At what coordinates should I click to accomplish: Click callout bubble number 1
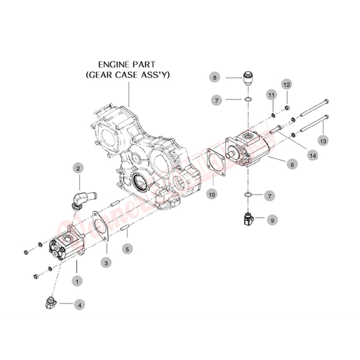[77, 281]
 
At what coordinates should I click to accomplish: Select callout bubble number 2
[79, 168]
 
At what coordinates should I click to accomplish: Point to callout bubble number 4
[79, 305]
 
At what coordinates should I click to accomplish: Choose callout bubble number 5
[127, 249]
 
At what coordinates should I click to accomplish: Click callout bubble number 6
[291, 165]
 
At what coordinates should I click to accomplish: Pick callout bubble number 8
[215, 78]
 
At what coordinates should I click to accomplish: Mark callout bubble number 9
[271, 221]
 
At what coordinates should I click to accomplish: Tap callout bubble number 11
[271, 95]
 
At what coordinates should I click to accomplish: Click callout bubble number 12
[287, 84]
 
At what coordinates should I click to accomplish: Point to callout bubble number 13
[323, 141]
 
